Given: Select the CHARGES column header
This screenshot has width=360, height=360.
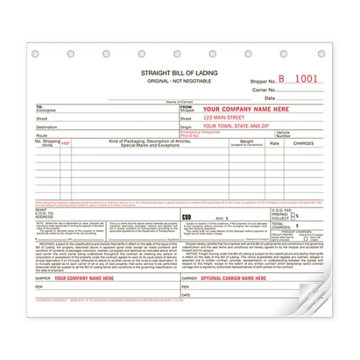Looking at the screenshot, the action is [x=306, y=144].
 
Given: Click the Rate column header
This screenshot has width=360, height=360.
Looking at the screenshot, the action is [x=274, y=143].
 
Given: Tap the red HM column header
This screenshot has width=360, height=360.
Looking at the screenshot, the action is [x=66, y=144].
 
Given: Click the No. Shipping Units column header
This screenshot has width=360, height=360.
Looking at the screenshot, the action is [x=46, y=143].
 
